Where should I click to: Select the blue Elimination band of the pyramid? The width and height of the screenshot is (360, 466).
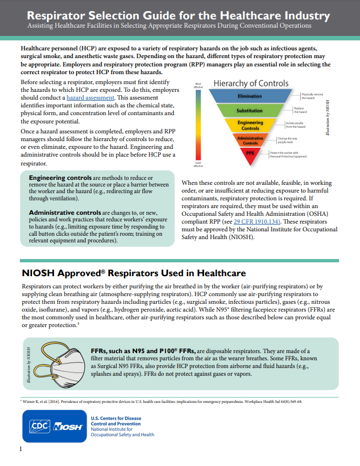(x=250, y=96)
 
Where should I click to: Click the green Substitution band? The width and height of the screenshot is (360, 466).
(x=250, y=111)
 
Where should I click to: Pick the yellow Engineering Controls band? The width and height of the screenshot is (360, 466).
(x=250, y=125)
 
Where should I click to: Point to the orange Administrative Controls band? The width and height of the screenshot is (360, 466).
(x=250, y=140)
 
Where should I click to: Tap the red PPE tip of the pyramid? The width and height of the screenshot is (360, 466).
(x=250, y=153)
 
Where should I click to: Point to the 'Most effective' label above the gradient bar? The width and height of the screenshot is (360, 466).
(x=198, y=86)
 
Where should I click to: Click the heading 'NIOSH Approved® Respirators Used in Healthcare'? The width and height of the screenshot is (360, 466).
(x=133, y=273)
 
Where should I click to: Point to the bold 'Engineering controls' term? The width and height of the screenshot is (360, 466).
(x=60, y=177)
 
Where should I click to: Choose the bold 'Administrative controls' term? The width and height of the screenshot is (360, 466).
(x=64, y=213)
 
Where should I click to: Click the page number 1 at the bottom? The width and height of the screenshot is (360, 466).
(x=21, y=449)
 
